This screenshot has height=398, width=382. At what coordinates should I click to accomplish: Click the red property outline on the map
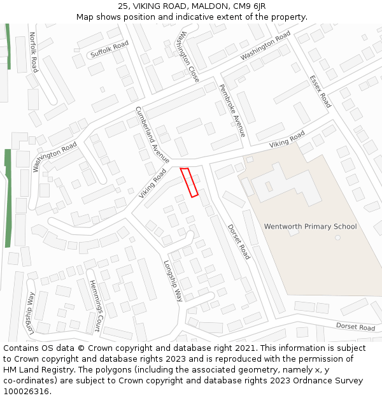[189, 182]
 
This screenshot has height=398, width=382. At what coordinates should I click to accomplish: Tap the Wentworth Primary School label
[310, 227]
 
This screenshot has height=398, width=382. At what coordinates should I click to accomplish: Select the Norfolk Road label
[33, 52]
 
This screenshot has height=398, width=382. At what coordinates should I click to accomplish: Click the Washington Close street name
[189, 56]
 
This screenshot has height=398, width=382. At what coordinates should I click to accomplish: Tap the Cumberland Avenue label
[152, 135]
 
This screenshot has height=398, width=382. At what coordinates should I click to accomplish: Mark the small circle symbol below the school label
[337, 238]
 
